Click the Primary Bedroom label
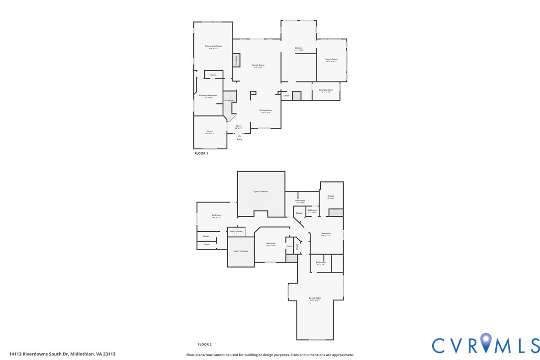(x=213, y=46)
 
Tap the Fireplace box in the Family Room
(x=236, y=60)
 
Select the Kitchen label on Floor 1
(x=298, y=48)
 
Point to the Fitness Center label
(x=331, y=59)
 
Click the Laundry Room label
(x=327, y=90)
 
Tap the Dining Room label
(x=266, y=110)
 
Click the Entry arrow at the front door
(x=240, y=135)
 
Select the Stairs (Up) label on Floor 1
(x=229, y=100)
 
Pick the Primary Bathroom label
(x=208, y=95)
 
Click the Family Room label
(x=258, y=65)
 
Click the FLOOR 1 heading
(x=201, y=154)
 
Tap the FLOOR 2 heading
(x=204, y=345)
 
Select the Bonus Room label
(x=315, y=298)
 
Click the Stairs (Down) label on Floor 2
(x=236, y=231)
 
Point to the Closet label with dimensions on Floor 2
(x=331, y=196)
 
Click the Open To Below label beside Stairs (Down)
(x=241, y=251)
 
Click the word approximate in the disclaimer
(x=341, y=355)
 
